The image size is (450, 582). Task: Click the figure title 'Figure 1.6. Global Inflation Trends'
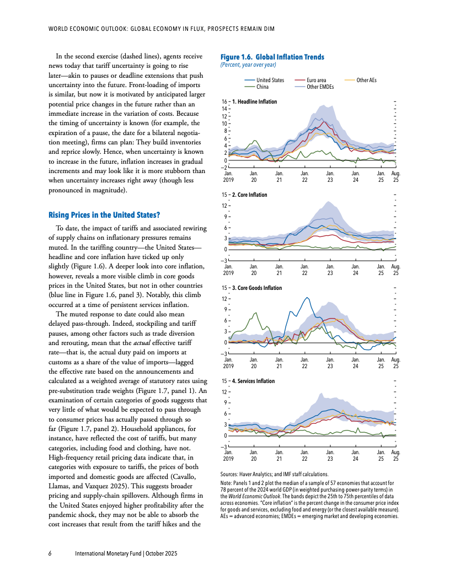(272, 57)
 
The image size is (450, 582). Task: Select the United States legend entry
(270, 80)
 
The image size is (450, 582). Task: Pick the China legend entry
(262, 87)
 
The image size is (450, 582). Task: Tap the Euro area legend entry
(316, 80)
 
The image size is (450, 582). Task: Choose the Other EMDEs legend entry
(320, 87)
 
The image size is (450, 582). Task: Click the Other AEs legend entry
(366, 80)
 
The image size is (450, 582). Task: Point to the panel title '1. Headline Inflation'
(255, 102)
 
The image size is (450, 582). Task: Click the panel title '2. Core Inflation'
(250, 195)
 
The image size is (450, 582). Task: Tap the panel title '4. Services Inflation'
(253, 381)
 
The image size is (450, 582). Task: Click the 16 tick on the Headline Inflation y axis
(224, 102)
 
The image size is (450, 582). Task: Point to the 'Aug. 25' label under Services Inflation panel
(395, 455)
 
